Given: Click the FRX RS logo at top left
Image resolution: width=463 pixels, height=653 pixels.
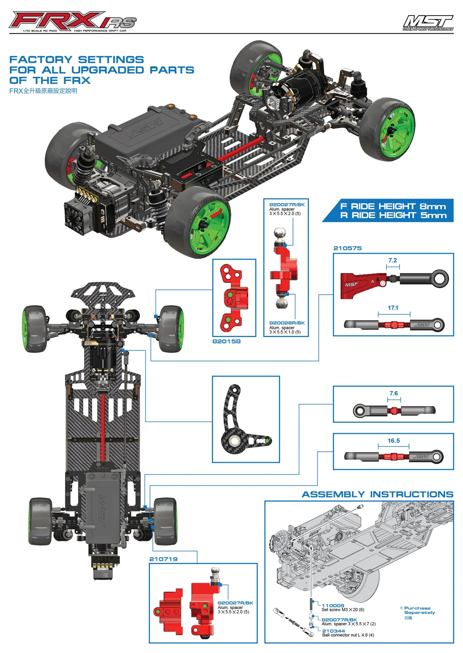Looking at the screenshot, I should [x=73, y=22].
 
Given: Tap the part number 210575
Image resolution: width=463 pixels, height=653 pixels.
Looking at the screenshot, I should [x=347, y=248].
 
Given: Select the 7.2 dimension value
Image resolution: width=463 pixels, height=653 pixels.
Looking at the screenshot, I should [x=392, y=260].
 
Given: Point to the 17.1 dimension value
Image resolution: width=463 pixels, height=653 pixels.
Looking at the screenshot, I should [x=393, y=308].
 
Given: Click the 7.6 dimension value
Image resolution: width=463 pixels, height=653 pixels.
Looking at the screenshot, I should [x=393, y=393].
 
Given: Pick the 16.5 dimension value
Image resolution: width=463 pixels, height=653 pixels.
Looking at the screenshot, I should [x=393, y=440].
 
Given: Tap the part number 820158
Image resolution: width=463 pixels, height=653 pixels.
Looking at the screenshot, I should [x=226, y=341].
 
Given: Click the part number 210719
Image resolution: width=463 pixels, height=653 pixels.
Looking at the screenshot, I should [x=163, y=559].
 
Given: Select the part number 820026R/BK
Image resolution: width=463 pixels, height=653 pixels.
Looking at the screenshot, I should [x=287, y=323].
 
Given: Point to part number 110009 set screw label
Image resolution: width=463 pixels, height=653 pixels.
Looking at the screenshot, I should [x=333, y=605].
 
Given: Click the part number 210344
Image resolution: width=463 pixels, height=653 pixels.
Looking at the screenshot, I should [x=333, y=631].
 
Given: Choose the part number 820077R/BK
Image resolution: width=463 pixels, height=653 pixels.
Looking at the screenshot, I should [x=339, y=620].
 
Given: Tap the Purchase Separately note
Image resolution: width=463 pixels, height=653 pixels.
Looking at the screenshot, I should [x=419, y=610].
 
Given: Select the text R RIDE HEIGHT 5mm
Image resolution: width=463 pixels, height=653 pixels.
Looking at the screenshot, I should [x=393, y=215].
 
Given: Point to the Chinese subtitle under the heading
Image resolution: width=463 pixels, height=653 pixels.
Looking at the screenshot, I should [x=43, y=91].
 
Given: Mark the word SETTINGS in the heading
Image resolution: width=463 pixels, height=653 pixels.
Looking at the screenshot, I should [x=111, y=60].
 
